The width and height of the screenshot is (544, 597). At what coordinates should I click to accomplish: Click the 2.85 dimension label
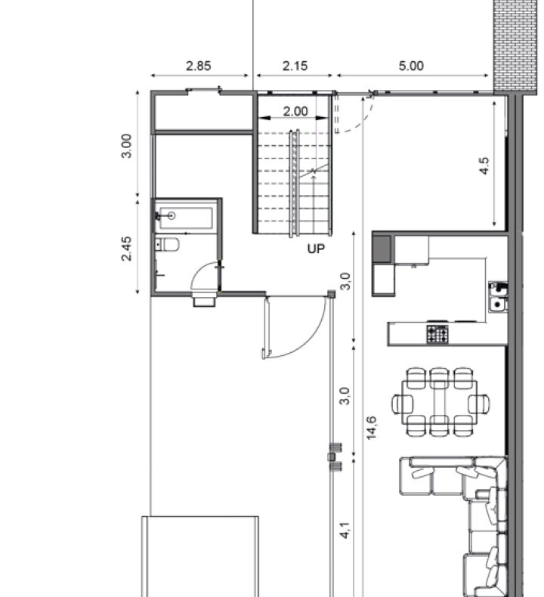199,66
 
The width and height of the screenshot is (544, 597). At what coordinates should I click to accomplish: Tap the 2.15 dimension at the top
295,66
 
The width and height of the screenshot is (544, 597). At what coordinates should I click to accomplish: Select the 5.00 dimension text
411,66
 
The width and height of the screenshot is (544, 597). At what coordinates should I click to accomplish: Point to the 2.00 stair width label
295,111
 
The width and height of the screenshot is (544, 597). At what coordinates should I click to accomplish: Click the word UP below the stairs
316,249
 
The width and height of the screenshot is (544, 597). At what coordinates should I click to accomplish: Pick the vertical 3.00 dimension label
126,145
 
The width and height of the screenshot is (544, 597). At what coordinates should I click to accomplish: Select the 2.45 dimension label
126,249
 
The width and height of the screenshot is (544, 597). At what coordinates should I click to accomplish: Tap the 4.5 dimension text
484,165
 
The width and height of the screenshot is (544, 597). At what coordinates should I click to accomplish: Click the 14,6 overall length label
372,428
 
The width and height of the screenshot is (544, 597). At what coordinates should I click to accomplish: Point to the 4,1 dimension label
345,530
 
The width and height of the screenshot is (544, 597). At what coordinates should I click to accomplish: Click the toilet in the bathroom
167,244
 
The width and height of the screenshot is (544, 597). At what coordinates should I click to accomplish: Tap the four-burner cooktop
437,334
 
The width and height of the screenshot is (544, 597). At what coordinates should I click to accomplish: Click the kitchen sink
498,297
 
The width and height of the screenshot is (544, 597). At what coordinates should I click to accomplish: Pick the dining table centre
439,403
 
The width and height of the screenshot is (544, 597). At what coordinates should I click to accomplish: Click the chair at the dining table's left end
403,404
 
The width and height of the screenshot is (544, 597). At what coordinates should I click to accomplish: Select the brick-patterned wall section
515,46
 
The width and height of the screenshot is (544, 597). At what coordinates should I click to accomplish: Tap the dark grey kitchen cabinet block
382,249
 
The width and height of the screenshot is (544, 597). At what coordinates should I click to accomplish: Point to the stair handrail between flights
294,183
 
